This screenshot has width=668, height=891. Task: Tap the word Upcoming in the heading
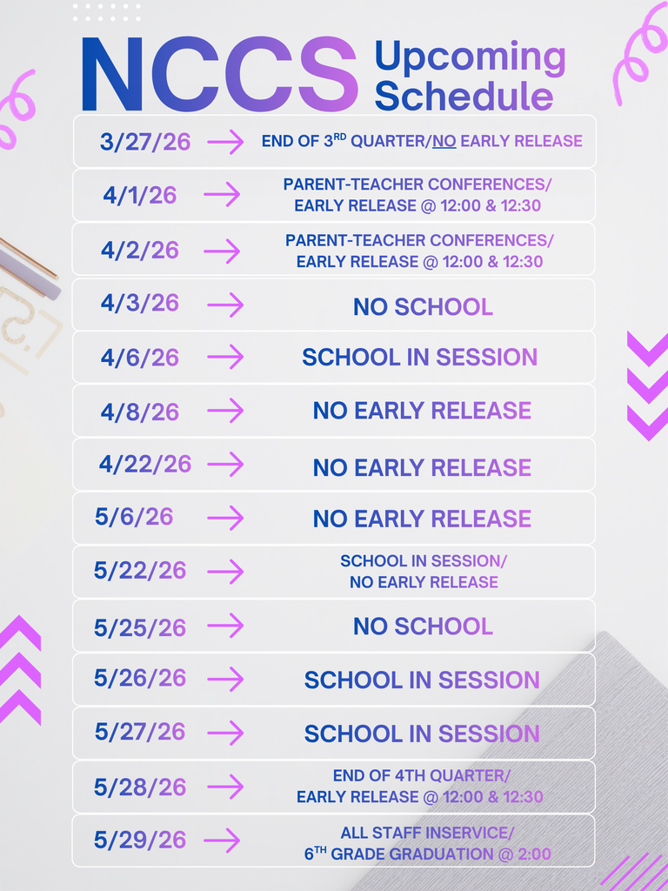coord(470,57)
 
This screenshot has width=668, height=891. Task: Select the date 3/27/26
coord(145,142)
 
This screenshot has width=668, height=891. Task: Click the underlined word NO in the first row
coord(444,141)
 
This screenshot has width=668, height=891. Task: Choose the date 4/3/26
coord(140,303)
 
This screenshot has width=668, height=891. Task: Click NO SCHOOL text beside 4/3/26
coord(423,306)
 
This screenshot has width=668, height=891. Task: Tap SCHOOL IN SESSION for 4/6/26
coord(419,357)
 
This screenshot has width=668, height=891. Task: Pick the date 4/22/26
coord(145,464)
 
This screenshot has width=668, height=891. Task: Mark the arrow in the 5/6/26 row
coord(225,518)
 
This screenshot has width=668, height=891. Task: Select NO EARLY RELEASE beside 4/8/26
coord(422,411)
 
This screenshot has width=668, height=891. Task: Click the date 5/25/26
coord(140,627)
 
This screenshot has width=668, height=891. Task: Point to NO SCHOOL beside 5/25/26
coord(423,626)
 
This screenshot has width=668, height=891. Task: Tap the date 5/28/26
coord(140,787)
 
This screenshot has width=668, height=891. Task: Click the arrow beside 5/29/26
coord(222,841)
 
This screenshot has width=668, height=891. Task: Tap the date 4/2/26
coord(140,251)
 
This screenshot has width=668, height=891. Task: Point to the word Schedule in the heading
coord(464,96)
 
